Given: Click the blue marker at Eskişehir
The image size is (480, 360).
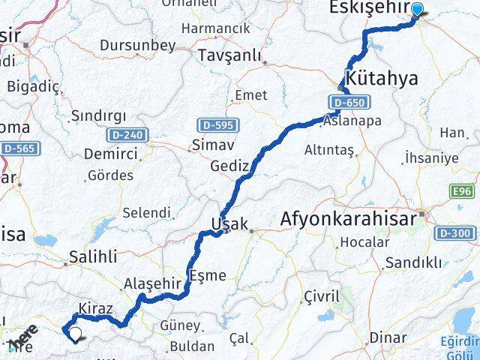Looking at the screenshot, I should click(x=418, y=10).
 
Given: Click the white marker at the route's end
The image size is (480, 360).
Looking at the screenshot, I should click(x=76, y=333).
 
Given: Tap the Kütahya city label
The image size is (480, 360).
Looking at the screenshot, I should click(x=381, y=77).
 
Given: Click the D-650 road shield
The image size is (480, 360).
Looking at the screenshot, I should click(x=343, y=100).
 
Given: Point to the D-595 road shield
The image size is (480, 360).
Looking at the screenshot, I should click(x=214, y=124).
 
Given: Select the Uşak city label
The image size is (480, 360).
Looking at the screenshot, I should click(x=225, y=224).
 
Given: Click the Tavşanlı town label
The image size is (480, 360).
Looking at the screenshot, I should click(x=229, y=55).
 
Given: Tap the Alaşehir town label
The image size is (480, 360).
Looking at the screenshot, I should click(x=152, y=283).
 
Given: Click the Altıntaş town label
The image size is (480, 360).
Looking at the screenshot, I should click(x=328, y=150).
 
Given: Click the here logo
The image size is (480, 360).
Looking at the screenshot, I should click(x=23, y=337).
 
